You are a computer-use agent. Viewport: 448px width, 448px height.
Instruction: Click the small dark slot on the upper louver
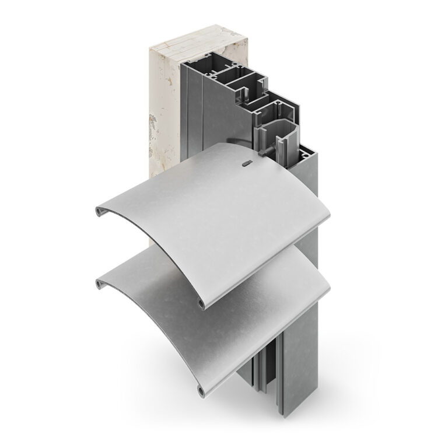tap(247, 164)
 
